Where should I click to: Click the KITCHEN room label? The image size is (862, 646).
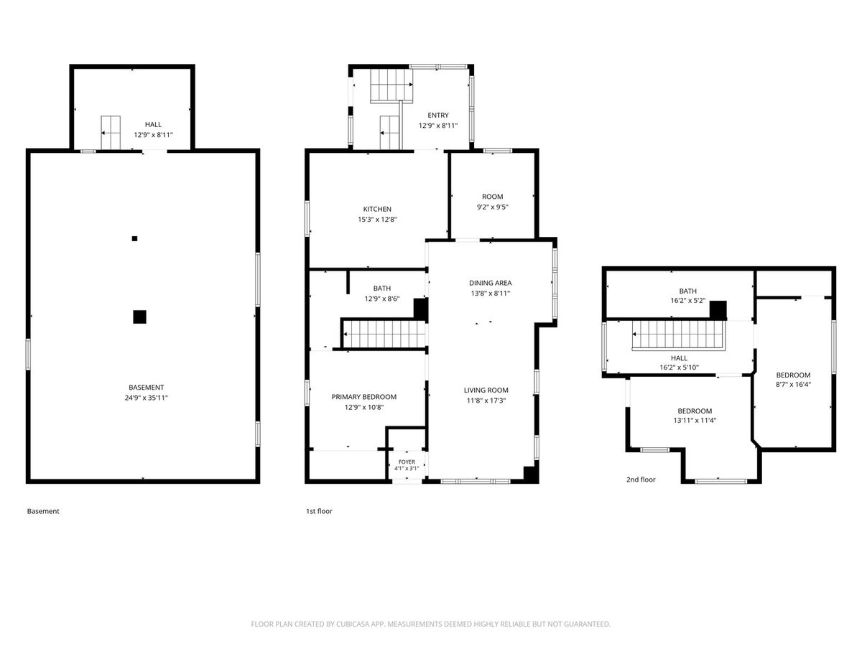(x=377, y=209)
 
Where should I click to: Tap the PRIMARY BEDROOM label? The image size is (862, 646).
(x=363, y=396)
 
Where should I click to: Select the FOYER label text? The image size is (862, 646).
(x=407, y=462)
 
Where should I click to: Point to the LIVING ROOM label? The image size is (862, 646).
(x=486, y=390)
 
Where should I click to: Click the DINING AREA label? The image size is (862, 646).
(x=490, y=283)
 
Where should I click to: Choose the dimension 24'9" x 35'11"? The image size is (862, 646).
(x=146, y=398)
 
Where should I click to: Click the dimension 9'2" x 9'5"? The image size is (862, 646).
(x=493, y=207)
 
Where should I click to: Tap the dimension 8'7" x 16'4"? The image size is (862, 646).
(x=793, y=385)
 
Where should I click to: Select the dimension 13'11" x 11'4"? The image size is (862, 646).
(x=695, y=421)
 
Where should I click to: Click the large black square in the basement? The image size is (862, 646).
(x=139, y=317)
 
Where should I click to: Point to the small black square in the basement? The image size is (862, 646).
(x=135, y=238)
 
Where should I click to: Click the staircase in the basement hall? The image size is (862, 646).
(x=111, y=133)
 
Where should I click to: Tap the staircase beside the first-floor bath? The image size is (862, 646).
(x=384, y=334)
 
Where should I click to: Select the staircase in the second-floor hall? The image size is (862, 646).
(x=678, y=334)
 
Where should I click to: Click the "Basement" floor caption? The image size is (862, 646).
(x=43, y=511)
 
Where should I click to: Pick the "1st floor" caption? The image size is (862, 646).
(x=319, y=511)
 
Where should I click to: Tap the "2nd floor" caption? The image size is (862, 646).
(x=641, y=479)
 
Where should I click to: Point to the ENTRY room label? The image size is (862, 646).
(x=438, y=115)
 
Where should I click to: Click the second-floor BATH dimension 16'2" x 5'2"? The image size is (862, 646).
(x=687, y=301)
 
